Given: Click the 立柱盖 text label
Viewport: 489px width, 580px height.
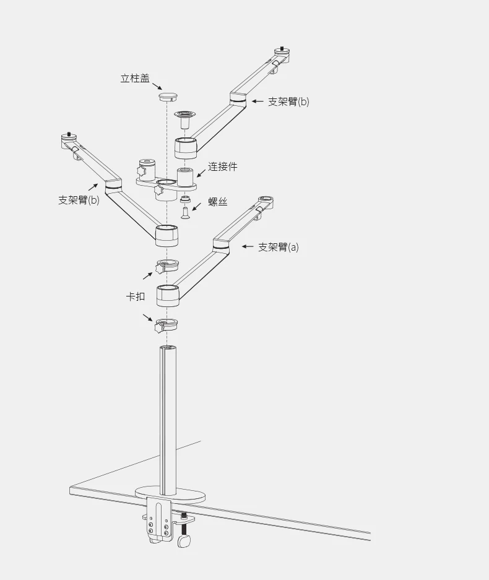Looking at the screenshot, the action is (134, 79).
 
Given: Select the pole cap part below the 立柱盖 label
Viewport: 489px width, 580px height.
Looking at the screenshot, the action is (167, 96).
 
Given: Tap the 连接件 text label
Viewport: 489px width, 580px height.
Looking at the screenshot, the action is (222, 167).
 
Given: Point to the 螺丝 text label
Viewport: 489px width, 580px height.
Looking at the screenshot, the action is (217, 202).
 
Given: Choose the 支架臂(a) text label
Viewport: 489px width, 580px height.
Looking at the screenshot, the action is (278, 247).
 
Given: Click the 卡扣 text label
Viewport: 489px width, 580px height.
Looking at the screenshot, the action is (136, 296).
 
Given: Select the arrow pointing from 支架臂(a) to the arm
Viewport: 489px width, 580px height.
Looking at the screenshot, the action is (248, 246).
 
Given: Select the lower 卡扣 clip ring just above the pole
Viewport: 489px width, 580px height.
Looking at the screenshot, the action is (167, 324).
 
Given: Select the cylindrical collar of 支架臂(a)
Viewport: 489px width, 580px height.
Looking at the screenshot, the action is (168, 295).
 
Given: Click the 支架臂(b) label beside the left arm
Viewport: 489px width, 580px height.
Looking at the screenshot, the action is (79, 200).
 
